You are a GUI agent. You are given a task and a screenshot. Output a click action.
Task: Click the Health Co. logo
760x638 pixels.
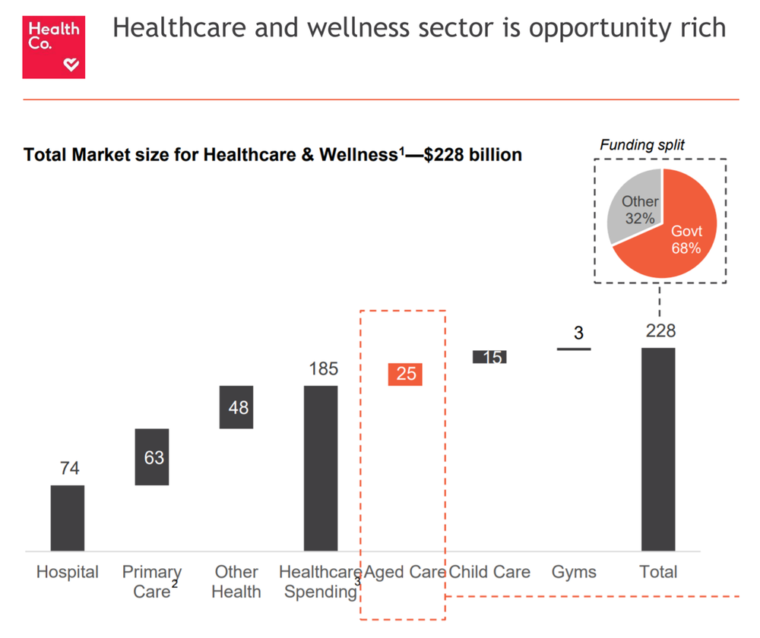point(53,47)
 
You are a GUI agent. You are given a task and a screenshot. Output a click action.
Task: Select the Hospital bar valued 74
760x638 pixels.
point(68,517)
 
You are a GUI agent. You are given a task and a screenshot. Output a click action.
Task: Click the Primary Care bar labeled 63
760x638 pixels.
point(152,457)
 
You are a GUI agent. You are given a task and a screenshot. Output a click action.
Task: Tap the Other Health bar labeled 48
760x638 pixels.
point(236,407)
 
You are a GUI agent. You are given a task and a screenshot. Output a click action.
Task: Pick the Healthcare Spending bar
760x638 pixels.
point(321,468)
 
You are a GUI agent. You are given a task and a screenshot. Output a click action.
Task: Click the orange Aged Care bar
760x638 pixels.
point(405,374)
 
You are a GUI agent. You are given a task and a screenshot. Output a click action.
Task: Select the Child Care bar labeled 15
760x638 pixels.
point(489,356)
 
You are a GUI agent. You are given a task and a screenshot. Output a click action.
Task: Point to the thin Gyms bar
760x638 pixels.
point(574,349)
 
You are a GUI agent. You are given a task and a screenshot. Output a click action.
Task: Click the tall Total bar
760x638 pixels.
point(658,449)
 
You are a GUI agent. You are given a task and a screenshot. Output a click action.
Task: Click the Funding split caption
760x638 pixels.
point(642,144)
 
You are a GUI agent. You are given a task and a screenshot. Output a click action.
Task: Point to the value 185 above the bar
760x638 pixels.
point(323,369)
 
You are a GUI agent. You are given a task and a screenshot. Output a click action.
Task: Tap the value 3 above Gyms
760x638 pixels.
point(578,333)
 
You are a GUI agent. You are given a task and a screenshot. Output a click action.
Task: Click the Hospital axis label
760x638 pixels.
point(68,572)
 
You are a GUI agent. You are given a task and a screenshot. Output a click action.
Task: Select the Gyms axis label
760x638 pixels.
point(574,572)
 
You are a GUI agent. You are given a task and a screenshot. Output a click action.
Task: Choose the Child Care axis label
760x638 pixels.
point(489,572)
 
